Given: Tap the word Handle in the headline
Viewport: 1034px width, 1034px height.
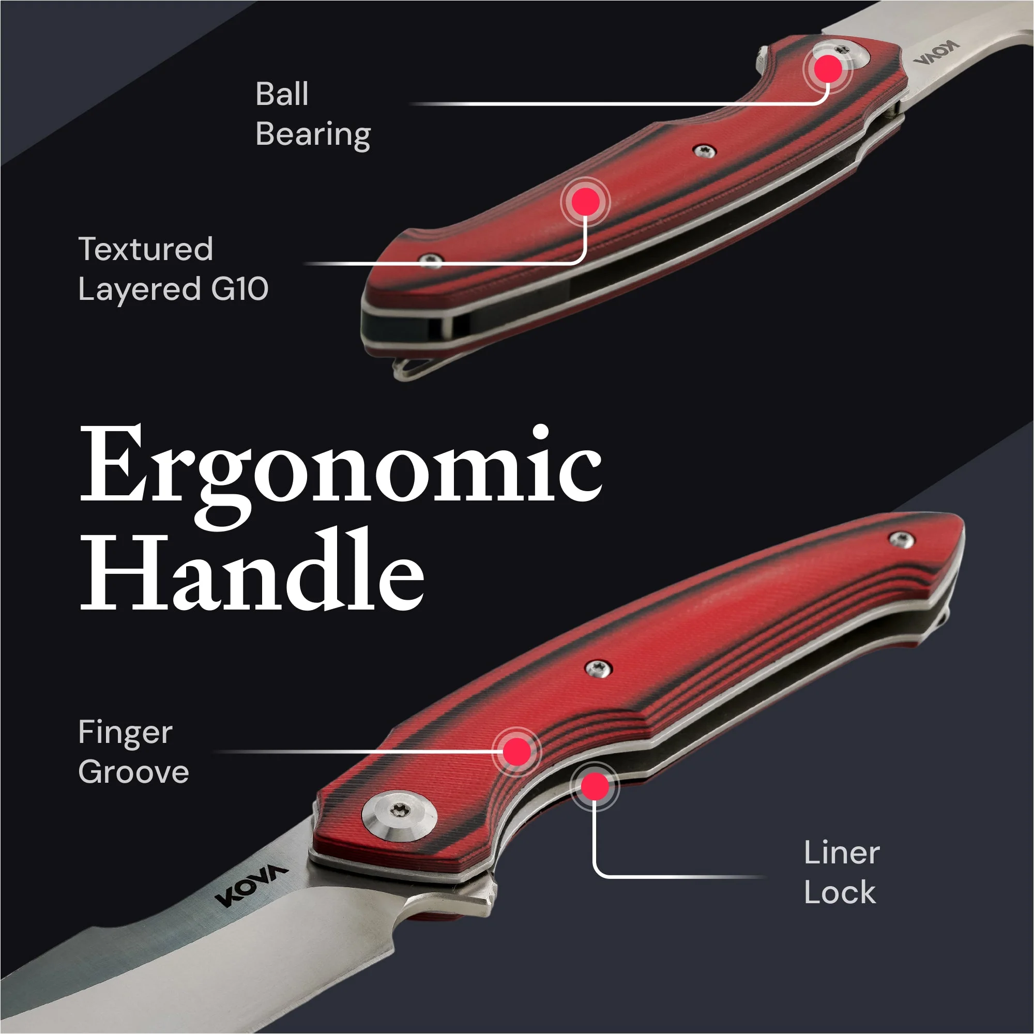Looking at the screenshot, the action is tap(252, 569).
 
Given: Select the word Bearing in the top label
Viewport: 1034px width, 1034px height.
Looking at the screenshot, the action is tap(313, 134).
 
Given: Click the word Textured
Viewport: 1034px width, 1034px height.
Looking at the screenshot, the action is tap(146, 249).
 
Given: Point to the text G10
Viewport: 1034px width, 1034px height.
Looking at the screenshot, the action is tap(239, 290).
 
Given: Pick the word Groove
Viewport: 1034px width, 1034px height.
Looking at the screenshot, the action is tap(133, 772).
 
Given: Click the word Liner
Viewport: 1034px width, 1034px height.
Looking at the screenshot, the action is tap(842, 853).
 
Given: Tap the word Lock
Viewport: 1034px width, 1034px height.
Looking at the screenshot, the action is tap(840, 893).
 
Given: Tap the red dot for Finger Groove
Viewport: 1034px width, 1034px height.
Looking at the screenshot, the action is tap(516, 751).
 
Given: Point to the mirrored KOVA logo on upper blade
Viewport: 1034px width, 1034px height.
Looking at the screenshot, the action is tap(936, 52).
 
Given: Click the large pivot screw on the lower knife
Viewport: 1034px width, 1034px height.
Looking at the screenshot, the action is tap(399, 816).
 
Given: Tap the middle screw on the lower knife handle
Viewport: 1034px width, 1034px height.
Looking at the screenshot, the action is tap(598, 668).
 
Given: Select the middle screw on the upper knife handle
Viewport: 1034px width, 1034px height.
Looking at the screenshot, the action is tap(704, 151).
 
